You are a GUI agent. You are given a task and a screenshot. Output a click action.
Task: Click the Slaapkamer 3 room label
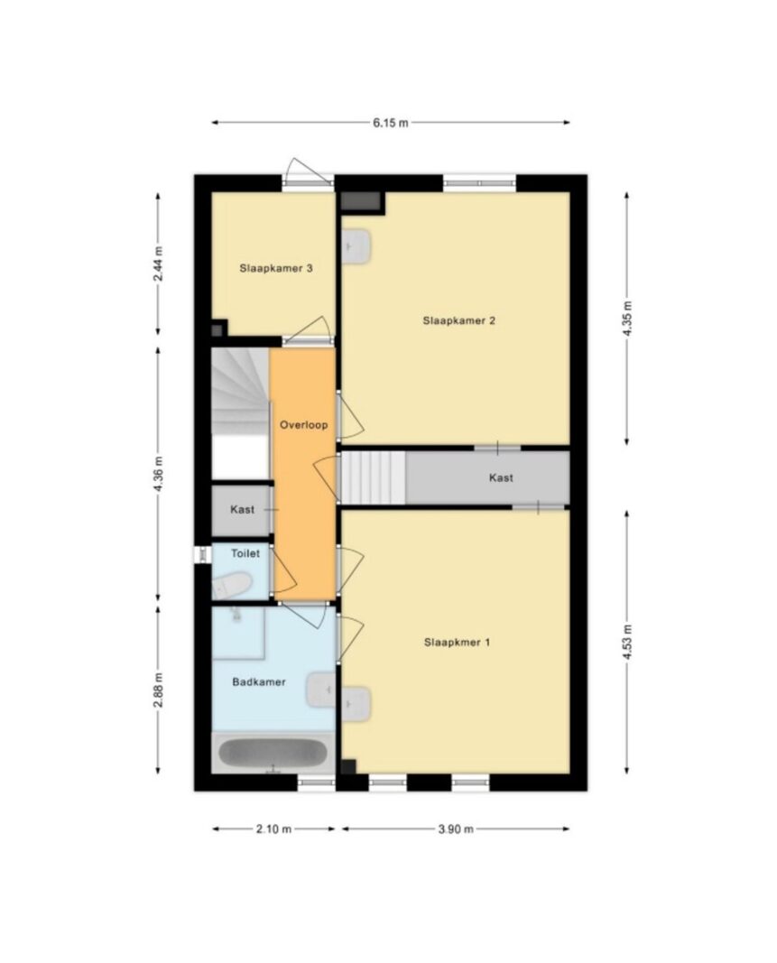(276, 268)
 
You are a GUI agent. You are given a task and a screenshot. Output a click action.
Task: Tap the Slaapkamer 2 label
(458, 320)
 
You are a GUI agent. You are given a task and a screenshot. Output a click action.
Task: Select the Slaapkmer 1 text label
(457, 643)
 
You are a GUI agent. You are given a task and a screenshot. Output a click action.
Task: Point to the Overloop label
(303, 425)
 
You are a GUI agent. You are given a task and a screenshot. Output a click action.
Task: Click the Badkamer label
(259, 681)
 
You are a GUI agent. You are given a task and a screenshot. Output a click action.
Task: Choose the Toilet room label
(245, 553)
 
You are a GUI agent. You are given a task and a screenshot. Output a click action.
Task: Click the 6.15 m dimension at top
(391, 123)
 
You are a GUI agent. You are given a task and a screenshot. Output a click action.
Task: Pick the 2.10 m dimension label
(274, 829)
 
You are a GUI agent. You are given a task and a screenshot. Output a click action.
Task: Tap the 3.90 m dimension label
(456, 829)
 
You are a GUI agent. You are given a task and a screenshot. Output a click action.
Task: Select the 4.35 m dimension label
(626, 318)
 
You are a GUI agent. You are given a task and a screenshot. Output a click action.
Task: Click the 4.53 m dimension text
(626, 642)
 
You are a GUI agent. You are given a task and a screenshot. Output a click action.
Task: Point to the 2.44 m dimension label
(159, 264)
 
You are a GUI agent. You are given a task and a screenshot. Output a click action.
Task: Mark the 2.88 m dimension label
(159, 690)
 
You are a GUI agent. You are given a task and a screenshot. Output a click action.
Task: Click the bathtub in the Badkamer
(273, 753)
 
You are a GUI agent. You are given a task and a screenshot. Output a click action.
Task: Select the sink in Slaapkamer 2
(356, 247)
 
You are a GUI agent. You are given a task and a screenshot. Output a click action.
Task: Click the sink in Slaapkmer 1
(356, 705)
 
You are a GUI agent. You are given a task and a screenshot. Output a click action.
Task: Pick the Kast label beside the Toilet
(242, 510)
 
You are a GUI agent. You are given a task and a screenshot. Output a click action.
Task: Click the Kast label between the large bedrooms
(501, 477)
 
